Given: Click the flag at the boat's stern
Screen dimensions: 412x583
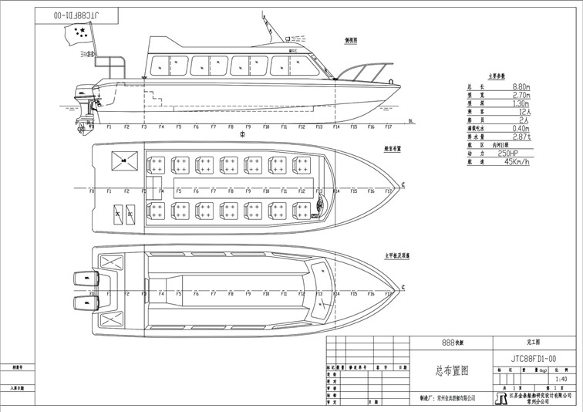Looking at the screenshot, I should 79,33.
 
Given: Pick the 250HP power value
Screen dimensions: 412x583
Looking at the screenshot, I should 512,153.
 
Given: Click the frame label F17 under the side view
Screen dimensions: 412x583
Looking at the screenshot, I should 389,127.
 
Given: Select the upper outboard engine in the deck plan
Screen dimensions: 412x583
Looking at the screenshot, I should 82,279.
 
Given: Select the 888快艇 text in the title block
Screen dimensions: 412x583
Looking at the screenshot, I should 448,340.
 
